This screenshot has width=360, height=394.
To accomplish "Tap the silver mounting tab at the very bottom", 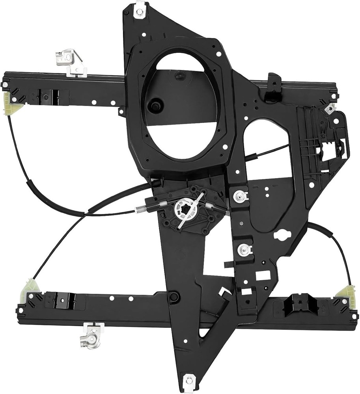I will (x=189, y=380).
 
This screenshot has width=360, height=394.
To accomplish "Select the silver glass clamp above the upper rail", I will (x=71, y=61).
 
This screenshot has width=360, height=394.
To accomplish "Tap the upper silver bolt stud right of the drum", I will (x=239, y=196).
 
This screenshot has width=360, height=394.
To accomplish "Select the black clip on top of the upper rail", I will (x=273, y=87).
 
